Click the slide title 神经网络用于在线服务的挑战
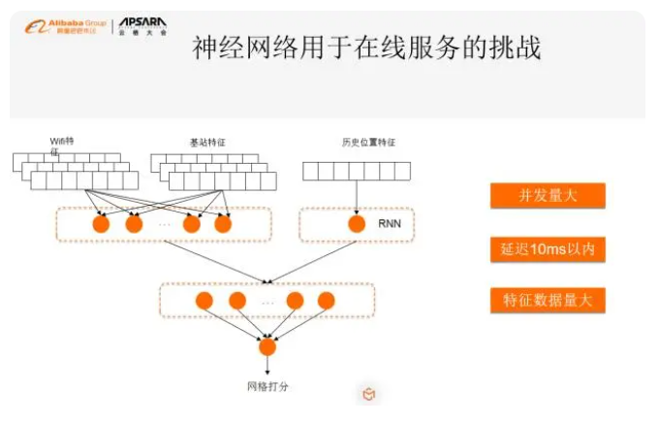click(366, 49)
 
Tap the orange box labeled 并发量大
click(548, 196)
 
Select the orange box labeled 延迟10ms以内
click(548, 249)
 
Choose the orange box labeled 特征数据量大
click(548, 301)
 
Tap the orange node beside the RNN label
click(356, 225)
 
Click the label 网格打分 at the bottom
click(268, 386)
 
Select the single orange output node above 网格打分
click(267, 346)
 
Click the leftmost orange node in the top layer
click(101, 225)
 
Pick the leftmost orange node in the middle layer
click(204, 300)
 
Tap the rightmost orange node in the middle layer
click(326, 300)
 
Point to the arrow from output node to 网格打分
click(267, 366)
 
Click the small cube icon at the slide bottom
click(368, 393)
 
